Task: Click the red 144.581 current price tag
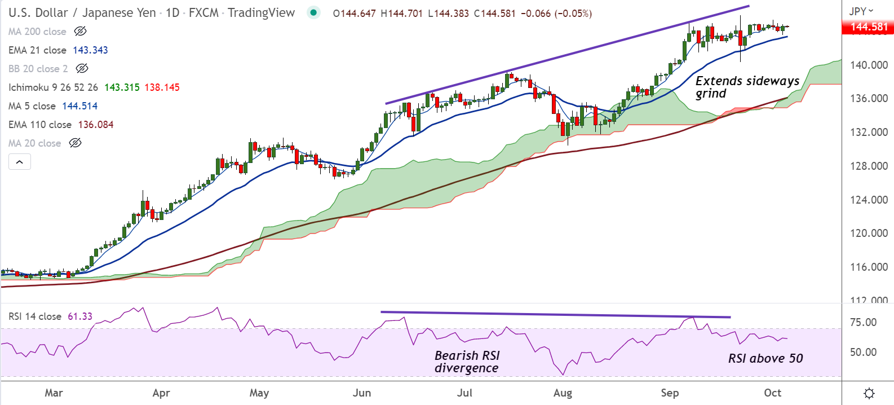pyautogui.click(x=868, y=27)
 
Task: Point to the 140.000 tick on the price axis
pyautogui.click(x=869, y=65)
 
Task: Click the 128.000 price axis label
pyautogui.click(x=869, y=166)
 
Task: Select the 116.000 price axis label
pyautogui.click(x=869, y=267)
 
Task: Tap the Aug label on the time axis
pyautogui.click(x=563, y=393)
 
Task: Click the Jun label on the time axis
pyautogui.click(x=362, y=393)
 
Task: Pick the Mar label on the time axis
pyautogui.click(x=54, y=393)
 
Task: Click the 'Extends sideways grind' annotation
pyautogui.click(x=747, y=87)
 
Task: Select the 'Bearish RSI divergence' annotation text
pyautogui.click(x=467, y=362)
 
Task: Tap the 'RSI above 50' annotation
pyautogui.click(x=765, y=358)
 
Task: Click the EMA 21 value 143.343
pyautogui.click(x=90, y=50)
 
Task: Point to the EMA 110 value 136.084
pyautogui.click(x=95, y=125)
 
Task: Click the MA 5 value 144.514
pyautogui.click(x=79, y=106)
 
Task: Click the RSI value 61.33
pyautogui.click(x=80, y=316)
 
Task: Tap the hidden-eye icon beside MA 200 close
pyautogui.click(x=80, y=32)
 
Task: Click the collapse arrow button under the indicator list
pyautogui.click(x=20, y=162)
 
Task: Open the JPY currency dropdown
pyautogui.click(x=861, y=11)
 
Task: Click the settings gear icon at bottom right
pyautogui.click(x=869, y=393)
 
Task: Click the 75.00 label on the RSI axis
pyautogui.click(x=863, y=322)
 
